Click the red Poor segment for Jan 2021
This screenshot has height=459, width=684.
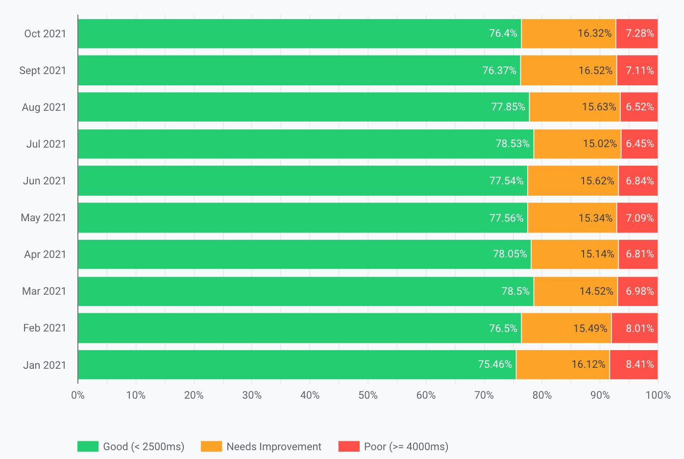point(634,364)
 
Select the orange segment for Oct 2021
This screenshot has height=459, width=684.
point(568,34)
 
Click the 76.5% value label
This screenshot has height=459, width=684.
point(503,328)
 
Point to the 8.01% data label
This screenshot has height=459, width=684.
point(639,328)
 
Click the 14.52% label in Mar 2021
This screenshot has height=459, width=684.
point(596,291)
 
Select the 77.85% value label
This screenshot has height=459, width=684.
point(508,107)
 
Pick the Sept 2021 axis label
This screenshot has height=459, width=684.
point(43,71)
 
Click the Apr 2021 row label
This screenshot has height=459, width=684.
point(45,255)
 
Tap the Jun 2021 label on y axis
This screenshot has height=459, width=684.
point(45,181)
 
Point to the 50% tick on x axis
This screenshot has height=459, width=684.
point(367,395)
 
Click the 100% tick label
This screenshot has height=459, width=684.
point(658,395)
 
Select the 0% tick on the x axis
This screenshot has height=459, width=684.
point(78,395)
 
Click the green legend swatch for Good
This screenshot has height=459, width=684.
point(88,446)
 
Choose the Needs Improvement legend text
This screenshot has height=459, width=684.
point(274,447)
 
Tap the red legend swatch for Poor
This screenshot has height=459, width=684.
point(349,446)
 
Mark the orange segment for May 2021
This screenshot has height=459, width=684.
point(572,218)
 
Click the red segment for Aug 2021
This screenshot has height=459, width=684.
point(639,107)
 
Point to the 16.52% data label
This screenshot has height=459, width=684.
point(595,71)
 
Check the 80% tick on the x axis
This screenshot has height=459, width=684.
point(542,395)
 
